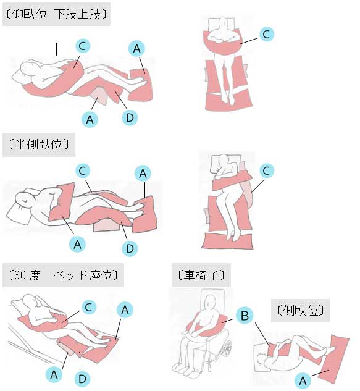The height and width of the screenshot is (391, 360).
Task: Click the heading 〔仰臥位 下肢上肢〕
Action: click(56, 14)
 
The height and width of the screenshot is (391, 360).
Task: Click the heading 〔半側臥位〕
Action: click(39, 145)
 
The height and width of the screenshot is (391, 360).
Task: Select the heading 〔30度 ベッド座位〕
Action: click(63, 275)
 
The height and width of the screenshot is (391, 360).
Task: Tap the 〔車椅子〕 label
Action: click(201, 275)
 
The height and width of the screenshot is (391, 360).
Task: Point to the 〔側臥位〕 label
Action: click(301, 311)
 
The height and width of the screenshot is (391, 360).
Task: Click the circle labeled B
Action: click(245, 316)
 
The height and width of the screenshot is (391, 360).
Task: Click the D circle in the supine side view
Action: click(130, 117)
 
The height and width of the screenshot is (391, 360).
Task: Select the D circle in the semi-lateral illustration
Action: click(130, 248)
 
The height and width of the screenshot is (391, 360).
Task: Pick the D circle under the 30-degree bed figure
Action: click(82, 379)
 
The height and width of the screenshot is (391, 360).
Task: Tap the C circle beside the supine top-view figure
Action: click(267, 34)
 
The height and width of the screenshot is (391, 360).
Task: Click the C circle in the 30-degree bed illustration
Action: click(89, 307)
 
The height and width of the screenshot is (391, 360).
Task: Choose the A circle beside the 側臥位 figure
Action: click(303, 381)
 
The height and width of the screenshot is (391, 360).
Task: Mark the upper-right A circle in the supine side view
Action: click(136, 49)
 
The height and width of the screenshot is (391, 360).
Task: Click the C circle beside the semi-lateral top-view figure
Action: click(267, 171)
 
